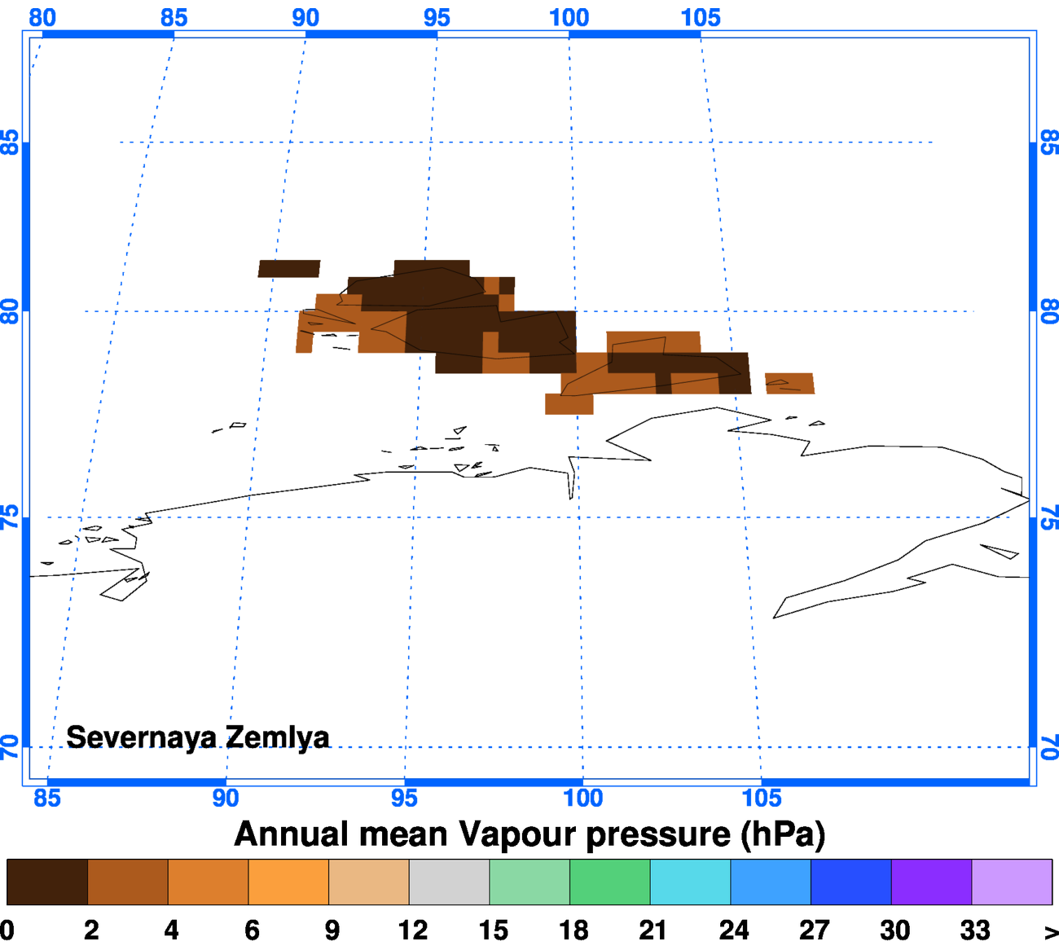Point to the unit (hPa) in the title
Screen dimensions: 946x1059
click(x=783, y=834)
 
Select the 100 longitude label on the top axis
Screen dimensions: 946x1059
click(x=569, y=17)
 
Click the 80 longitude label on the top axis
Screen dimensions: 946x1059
click(x=42, y=17)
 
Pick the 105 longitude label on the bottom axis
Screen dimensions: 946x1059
click(x=762, y=798)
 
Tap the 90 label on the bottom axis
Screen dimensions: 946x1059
click(x=226, y=798)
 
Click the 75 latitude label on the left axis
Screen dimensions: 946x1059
click(x=10, y=517)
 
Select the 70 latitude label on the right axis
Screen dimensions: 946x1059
click(x=1049, y=747)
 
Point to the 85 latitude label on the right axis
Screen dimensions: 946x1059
click(x=1049, y=143)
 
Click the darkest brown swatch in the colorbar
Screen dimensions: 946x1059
click(x=47, y=882)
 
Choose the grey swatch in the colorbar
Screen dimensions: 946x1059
click(x=449, y=882)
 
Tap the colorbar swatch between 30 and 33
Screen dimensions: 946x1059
click(x=931, y=882)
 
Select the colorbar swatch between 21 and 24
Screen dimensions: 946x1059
click(x=690, y=882)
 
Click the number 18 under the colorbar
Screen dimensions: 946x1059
click(x=573, y=930)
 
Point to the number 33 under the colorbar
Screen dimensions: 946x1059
click(x=975, y=930)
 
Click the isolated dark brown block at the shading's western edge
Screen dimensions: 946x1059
click(x=289, y=269)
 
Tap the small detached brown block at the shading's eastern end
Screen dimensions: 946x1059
click(x=789, y=383)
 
